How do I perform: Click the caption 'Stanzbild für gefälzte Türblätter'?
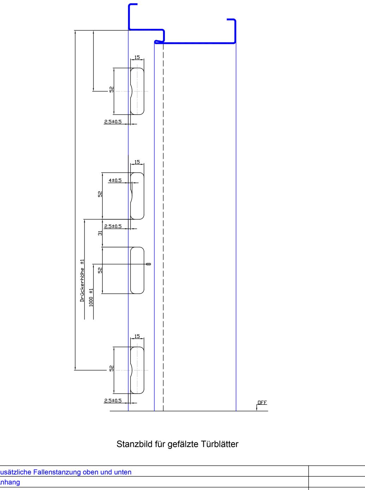pyautogui.click(x=177, y=444)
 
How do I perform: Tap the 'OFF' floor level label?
pyautogui.click(x=262, y=403)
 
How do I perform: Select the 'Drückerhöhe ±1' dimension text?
pyautogui.click(x=82, y=280)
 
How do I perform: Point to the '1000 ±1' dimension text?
pyautogui.click(x=91, y=297)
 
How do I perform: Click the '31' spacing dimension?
pyautogui.click(x=100, y=233)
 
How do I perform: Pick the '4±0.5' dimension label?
pyautogui.click(x=115, y=180)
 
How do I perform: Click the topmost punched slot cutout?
pyautogui.click(x=137, y=91)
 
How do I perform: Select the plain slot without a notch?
pyautogui.click(x=137, y=270)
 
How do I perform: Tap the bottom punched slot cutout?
pyautogui.click(x=137, y=370)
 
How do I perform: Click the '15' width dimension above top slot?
pyautogui.click(x=137, y=57)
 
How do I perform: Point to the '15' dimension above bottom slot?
pyautogui.click(x=137, y=336)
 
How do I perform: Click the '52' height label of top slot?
pyautogui.click(x=112, y=90)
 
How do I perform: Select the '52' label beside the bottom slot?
pyautogui.click(x=112, y=368)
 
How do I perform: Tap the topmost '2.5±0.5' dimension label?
pyautogui.click(x=113, y=122)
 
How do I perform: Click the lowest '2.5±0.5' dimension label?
pyautogui.click(x=113, y=401)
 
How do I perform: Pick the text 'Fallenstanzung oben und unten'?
pyautogui.click(x=85, y=472)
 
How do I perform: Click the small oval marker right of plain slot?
pyautogui.click(x=148, y=264)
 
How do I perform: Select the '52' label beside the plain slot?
pyautogui.click(x=100, y=270)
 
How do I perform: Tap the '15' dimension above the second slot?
pyautogui.click(x=137, y=162)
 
